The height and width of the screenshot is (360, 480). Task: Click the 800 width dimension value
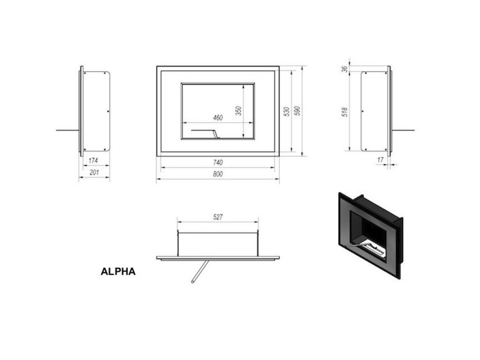[x=217, y=174]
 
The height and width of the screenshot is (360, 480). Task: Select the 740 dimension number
[x=217, y=162]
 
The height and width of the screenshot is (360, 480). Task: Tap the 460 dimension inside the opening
[x=217, y=118]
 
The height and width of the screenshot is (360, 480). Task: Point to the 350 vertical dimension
[x=238, y=111]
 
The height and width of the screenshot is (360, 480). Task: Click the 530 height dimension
[x=286, y=111]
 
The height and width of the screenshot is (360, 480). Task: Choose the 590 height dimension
[x=297, y=111]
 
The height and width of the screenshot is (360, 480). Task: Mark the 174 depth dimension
[x=93, y=161]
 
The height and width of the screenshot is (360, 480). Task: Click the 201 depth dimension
[x=94, y=172]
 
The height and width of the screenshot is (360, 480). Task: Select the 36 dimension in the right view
[x=345, y=68]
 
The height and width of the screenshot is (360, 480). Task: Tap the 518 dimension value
[x=345, y=111]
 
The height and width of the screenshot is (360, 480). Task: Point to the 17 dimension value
[x=380, y=160]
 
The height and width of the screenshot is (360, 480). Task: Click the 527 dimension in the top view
[x=217, y=217]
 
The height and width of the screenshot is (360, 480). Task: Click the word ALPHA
[x=118, y=271]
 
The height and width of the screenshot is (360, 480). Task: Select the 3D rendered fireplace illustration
[x=369, y=234]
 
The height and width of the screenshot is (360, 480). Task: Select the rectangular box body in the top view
[x=217, y=244]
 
